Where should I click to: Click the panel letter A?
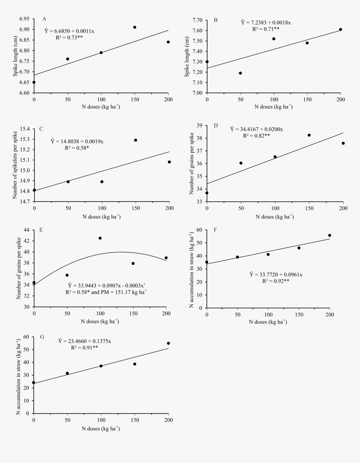(x=44, y=19)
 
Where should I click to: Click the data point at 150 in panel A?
(x=135, y=27)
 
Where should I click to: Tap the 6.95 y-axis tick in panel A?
(x=24, y=19)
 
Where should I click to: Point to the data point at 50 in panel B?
(x=240, y=73)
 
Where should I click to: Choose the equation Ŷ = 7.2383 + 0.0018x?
(x=266, y=23)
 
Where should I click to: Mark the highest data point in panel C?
(x=136, y=140)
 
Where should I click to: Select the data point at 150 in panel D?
(x=309, y=135)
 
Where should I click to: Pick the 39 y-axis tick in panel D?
(x=199, y=125)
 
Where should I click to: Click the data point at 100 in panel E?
(x=100, y=238)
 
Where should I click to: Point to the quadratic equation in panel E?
(x=100, y=284)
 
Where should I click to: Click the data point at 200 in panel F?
(x=329, y=235)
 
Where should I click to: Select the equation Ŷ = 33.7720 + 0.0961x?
(x=276, y=274)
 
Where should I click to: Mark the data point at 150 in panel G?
(x=135, y=364)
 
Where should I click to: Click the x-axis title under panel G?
(x=101, y=429)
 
